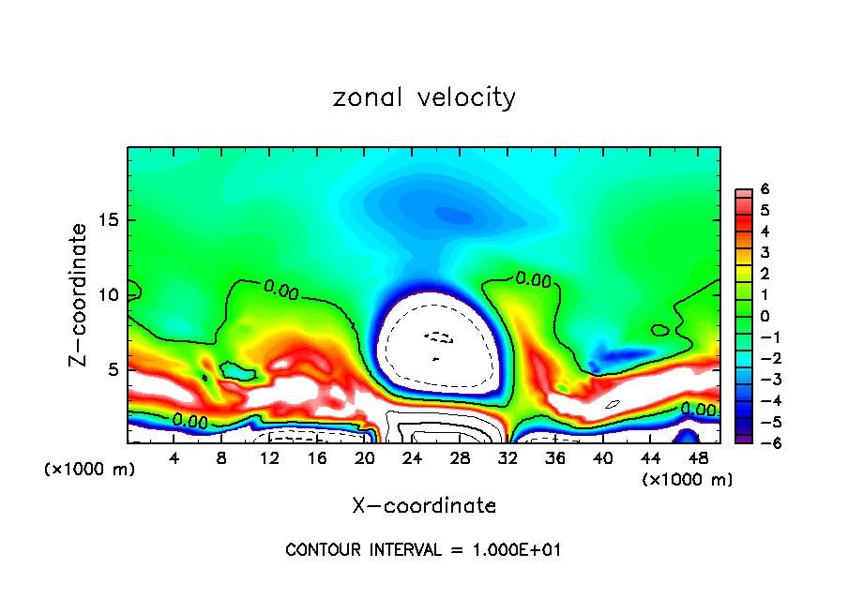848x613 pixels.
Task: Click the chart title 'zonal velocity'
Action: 424,97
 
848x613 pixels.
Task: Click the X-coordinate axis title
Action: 424,505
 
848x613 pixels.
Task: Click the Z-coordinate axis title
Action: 79,294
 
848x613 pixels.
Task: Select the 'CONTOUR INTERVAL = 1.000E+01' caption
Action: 423,550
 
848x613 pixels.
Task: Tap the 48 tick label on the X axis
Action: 696,458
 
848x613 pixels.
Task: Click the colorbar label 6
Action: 765,188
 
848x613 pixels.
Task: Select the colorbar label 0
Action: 765,315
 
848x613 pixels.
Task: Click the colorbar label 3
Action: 765,252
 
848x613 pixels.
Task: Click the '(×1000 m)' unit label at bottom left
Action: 90,470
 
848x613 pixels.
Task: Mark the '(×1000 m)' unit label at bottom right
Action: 688,480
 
